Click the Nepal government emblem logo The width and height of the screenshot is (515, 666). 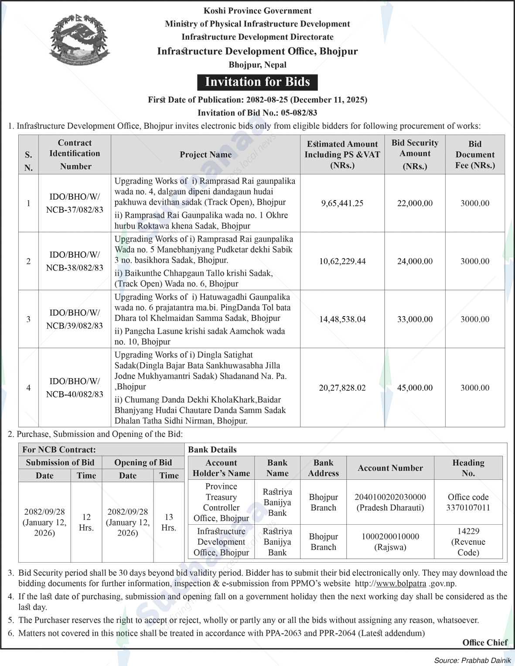[78, 41]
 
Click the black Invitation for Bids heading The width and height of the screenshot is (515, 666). [257, 82]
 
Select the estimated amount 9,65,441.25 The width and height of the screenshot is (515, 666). [342, 203]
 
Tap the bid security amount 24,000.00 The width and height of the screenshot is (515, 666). [415, 261]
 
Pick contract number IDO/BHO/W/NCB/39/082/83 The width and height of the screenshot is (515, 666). [75, 319]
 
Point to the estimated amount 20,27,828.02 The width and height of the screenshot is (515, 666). [342, 388]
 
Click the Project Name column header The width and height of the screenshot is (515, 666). [205, 154]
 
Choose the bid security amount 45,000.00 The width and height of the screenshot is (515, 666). [415, 388]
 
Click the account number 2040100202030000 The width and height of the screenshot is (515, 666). [390, 497]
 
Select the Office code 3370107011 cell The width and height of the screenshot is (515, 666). [468, 502]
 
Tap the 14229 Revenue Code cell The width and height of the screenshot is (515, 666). [468, 542]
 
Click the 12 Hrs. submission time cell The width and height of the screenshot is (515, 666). [86, 522]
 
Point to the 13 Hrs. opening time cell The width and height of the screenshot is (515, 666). [169, 522]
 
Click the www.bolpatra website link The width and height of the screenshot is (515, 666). [401, 584]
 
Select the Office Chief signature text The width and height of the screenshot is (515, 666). [485, 642]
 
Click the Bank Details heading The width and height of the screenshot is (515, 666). [212, 450]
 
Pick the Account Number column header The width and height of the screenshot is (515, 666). [390, 468]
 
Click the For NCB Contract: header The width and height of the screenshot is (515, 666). [59, 450]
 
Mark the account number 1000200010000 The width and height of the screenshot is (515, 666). [390, 536]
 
